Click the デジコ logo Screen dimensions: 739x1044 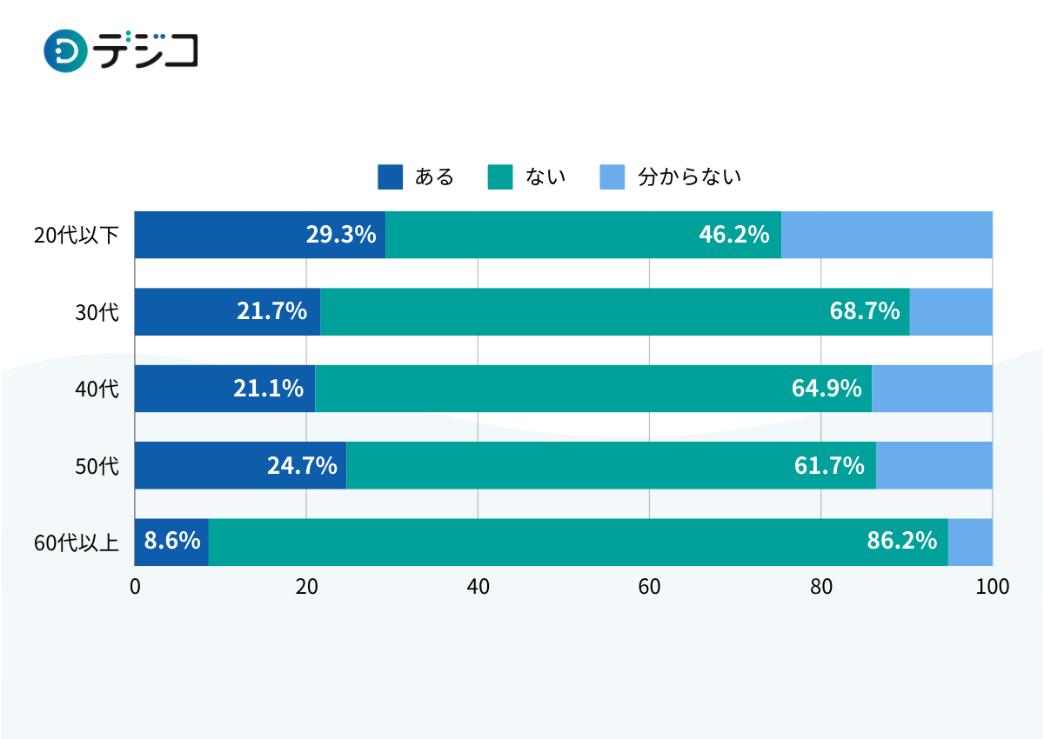point(121,50)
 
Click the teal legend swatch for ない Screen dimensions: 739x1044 point(499,176)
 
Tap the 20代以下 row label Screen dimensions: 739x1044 point(77,235)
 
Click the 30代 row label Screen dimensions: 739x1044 point(97,312)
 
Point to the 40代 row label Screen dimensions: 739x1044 point(97,389)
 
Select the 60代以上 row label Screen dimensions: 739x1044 point(77,543)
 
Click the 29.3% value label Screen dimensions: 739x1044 point(340,235)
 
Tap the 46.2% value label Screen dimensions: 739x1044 point(733,235)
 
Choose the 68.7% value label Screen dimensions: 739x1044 point(864,311)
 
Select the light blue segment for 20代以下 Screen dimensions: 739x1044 point(887,235)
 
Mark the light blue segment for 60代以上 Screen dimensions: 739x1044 point(970,542)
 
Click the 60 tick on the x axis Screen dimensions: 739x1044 point(650,587)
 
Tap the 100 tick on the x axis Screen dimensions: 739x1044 point(993,587)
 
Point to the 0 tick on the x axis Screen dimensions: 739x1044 point(135,587)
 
